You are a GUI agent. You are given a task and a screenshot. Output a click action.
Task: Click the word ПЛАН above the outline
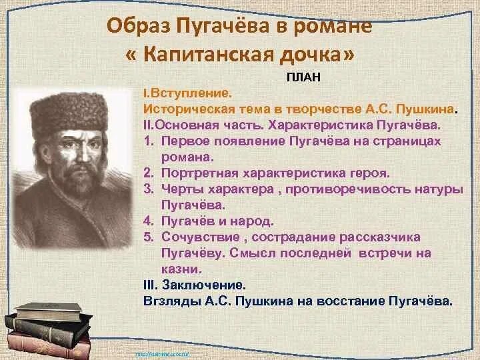click(304, 77)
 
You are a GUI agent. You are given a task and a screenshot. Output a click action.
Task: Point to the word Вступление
click(191, 93)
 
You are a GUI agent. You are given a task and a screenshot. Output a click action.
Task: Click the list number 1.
click(148, 141)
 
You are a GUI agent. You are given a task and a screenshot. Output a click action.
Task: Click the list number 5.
click(148, 237)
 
